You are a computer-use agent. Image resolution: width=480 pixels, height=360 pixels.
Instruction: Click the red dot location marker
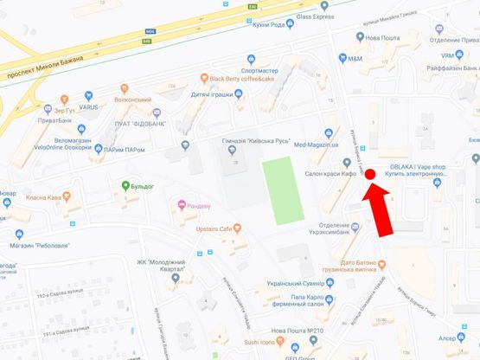pos(369,174)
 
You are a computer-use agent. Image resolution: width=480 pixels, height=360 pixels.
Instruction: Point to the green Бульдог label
pos(138,185)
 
